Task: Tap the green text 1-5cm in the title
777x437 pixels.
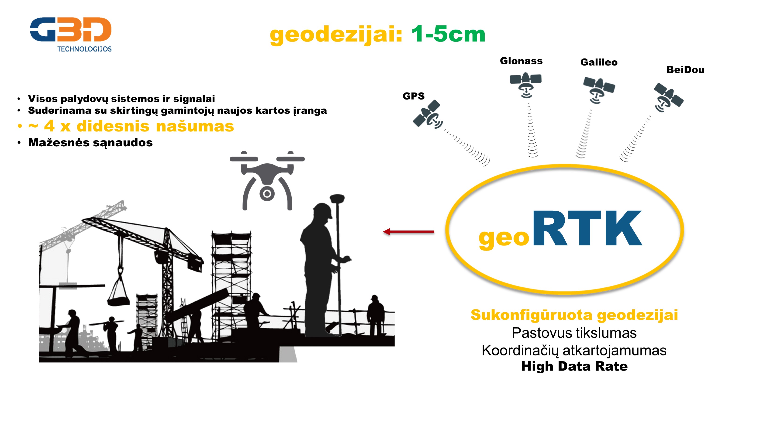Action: pos(448,34)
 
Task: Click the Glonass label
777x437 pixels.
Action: pos(521,61)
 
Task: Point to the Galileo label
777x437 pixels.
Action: pos(599,62)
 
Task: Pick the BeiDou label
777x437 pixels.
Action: pos(685,70)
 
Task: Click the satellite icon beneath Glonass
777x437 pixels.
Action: pos(526,85)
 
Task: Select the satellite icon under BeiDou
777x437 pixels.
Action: pos(668,97)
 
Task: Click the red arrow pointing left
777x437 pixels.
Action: pos(408,232)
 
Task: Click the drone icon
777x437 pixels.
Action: pos(267,180)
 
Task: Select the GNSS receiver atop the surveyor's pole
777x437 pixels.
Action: pos(337,199)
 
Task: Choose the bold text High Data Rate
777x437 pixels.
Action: pos(574,366)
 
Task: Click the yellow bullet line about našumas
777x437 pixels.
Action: pos(125,126)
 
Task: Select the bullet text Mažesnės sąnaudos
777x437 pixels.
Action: pos(90,143)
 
